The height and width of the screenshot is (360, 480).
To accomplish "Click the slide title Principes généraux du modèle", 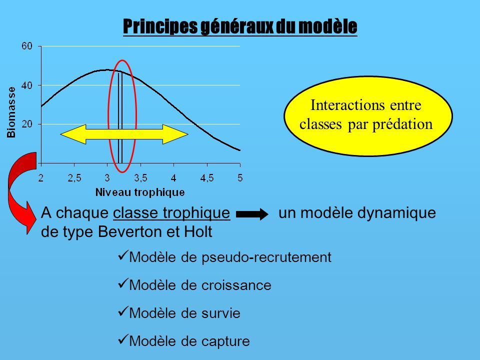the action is pos(240,27).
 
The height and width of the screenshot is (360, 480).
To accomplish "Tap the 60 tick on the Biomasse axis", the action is pos(26,46).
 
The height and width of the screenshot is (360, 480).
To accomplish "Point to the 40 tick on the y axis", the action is pos(26,85).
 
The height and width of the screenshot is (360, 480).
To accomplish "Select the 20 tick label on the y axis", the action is pos(26,124).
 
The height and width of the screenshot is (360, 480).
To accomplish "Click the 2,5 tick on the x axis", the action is pos(74,178).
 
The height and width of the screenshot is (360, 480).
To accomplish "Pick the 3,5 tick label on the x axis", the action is pos(140,178).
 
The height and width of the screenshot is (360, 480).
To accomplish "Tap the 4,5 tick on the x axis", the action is pos(207,178).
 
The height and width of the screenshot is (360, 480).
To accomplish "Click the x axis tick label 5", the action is pos(240,177).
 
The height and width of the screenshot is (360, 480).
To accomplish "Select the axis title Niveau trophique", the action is pos(140,192).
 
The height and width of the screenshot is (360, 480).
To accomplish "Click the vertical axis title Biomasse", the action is pos(11,112).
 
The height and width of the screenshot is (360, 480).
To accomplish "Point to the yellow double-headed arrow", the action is pos(124,134).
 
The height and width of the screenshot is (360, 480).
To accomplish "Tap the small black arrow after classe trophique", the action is pos(252,214).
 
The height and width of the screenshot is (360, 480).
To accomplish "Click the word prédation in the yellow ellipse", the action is pos(402,124).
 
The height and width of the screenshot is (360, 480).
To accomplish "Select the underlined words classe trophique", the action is pos(171,213).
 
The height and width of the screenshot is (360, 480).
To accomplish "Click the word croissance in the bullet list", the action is pos(236,285).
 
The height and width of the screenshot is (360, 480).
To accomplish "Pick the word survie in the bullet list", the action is pos(221,313).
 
